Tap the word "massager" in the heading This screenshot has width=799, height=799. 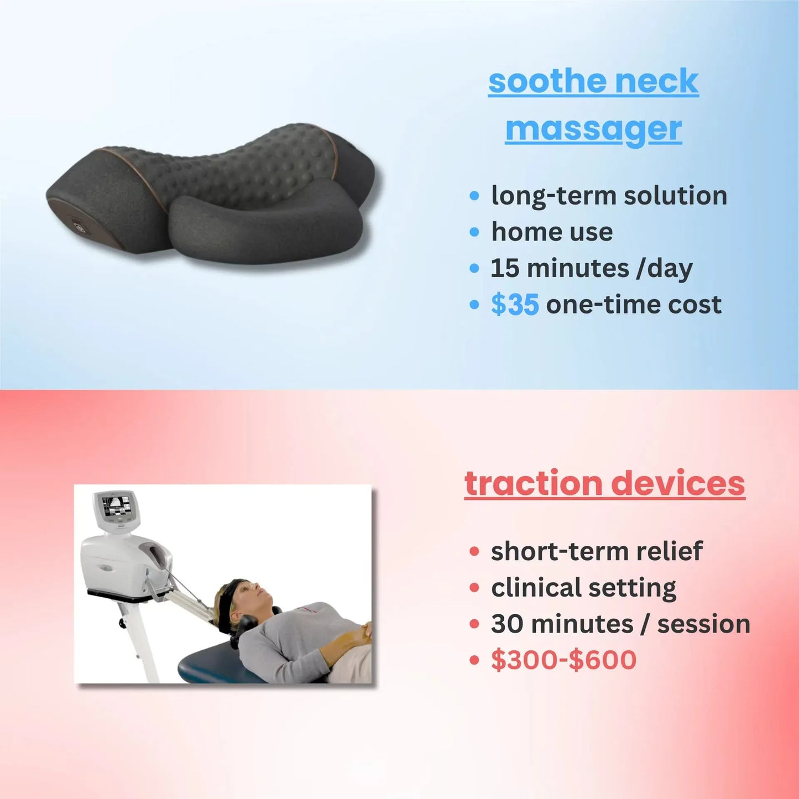click(593, 129)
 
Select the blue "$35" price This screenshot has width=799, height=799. click(515, 305)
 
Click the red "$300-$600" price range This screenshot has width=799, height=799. click(563, 660)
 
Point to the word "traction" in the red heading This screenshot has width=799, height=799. click(533, 483)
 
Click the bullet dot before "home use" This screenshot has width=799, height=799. click(474, 232)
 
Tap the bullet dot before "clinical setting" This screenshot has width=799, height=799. click(474, 587)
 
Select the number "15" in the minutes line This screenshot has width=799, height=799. click(505, 268)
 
